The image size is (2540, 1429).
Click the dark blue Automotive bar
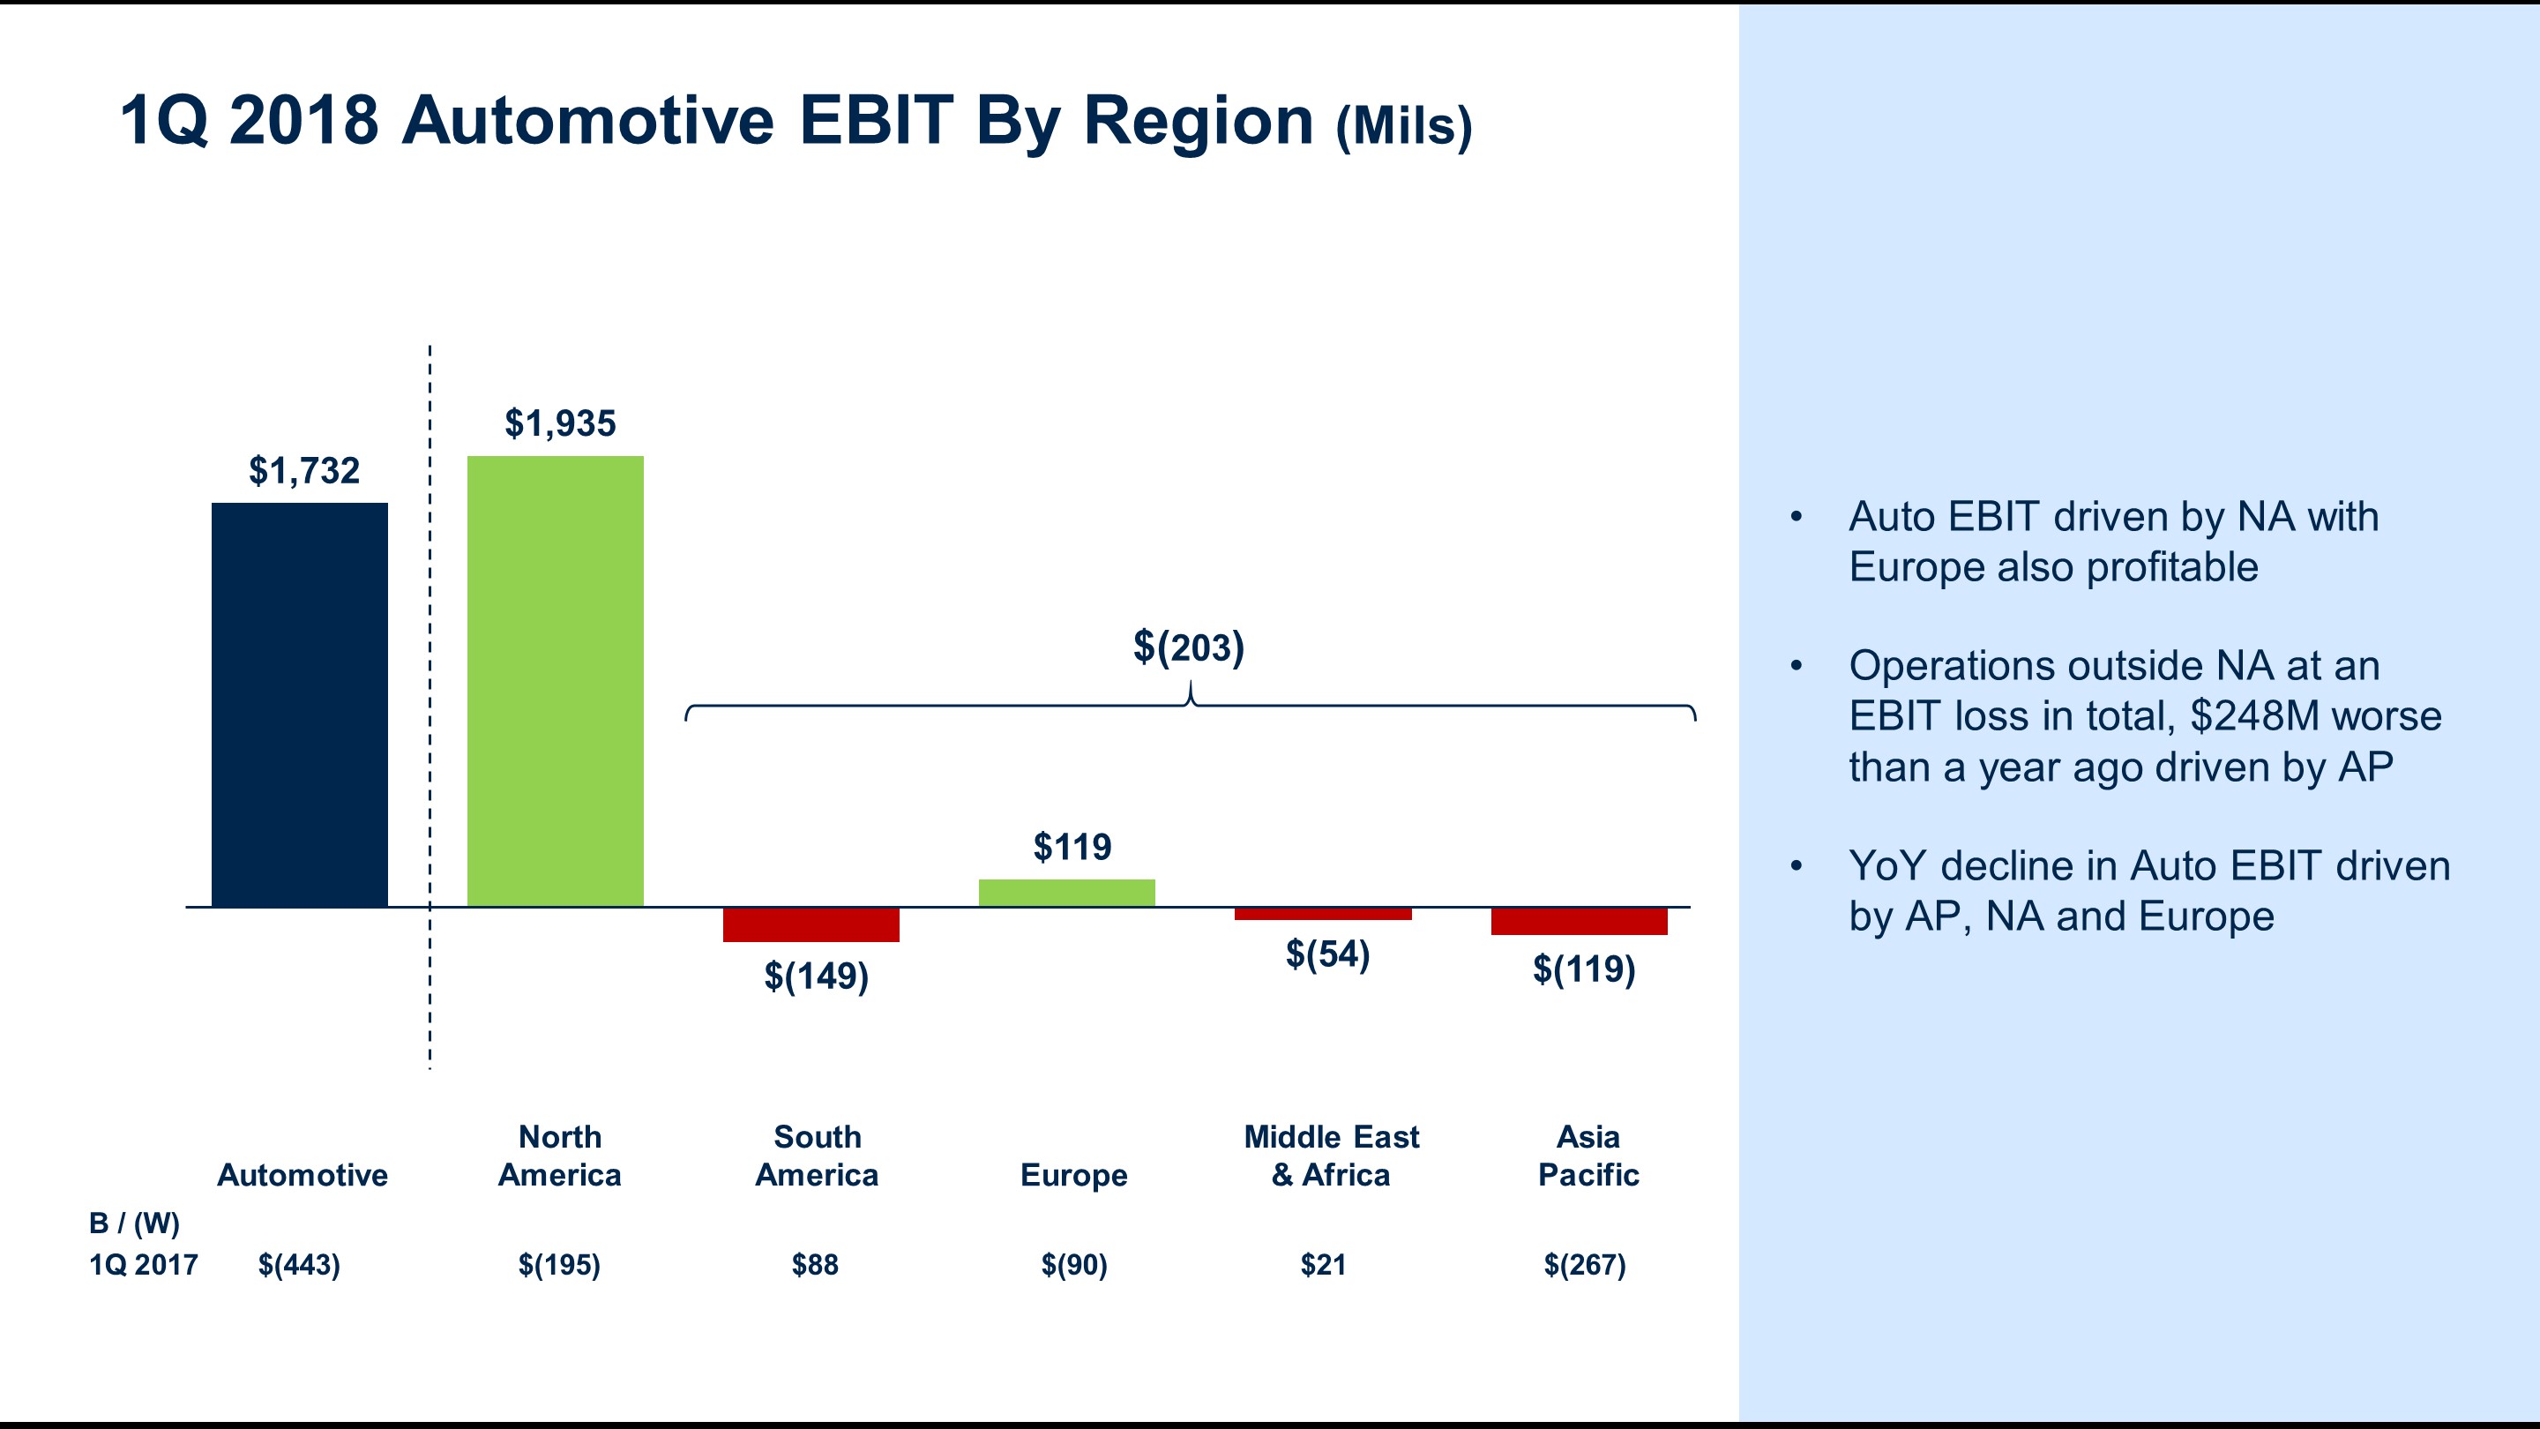300,704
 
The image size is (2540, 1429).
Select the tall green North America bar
555,680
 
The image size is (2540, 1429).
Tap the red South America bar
811,925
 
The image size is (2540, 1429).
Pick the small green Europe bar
1066,893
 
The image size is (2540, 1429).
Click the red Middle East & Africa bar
1322,914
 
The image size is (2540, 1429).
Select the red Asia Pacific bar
1579,921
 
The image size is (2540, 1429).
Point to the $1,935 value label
560,423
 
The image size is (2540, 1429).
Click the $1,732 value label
303,470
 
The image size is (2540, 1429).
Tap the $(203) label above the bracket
1188,647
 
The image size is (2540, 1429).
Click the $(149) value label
817,976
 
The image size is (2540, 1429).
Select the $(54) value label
1327,954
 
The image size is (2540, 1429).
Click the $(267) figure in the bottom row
1585,1264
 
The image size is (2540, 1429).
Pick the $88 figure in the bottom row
814,1264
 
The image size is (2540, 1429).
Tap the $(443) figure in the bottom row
299,1264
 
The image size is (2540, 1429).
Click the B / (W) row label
134,1223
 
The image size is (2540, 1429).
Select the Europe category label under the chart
1074,1175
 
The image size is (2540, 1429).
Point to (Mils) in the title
1404,126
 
